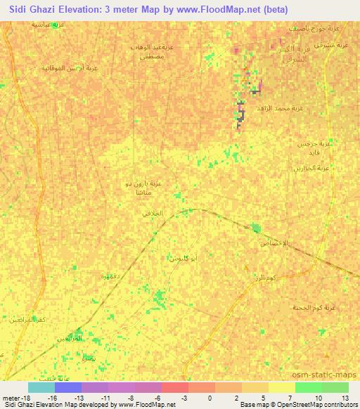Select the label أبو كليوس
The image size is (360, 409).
coord(182,259)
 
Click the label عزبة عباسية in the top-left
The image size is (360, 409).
coord(49,24)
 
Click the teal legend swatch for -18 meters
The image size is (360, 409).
coord(41,387)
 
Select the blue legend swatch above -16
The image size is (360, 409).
coord(68,387)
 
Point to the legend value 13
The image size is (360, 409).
coord(344,398)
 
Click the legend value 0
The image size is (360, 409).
coord(210,398)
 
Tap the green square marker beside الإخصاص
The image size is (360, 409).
coord(256,228)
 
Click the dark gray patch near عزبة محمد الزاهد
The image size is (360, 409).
coord(240,112)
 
